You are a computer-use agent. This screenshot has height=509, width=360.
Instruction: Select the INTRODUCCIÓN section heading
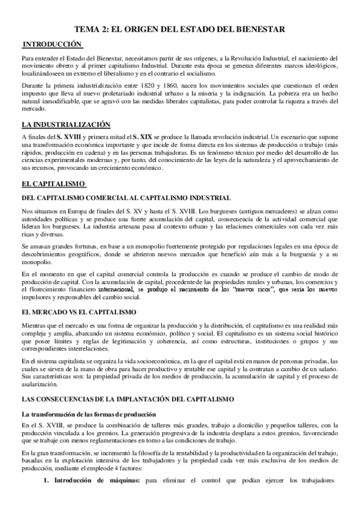pos(52,44)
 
